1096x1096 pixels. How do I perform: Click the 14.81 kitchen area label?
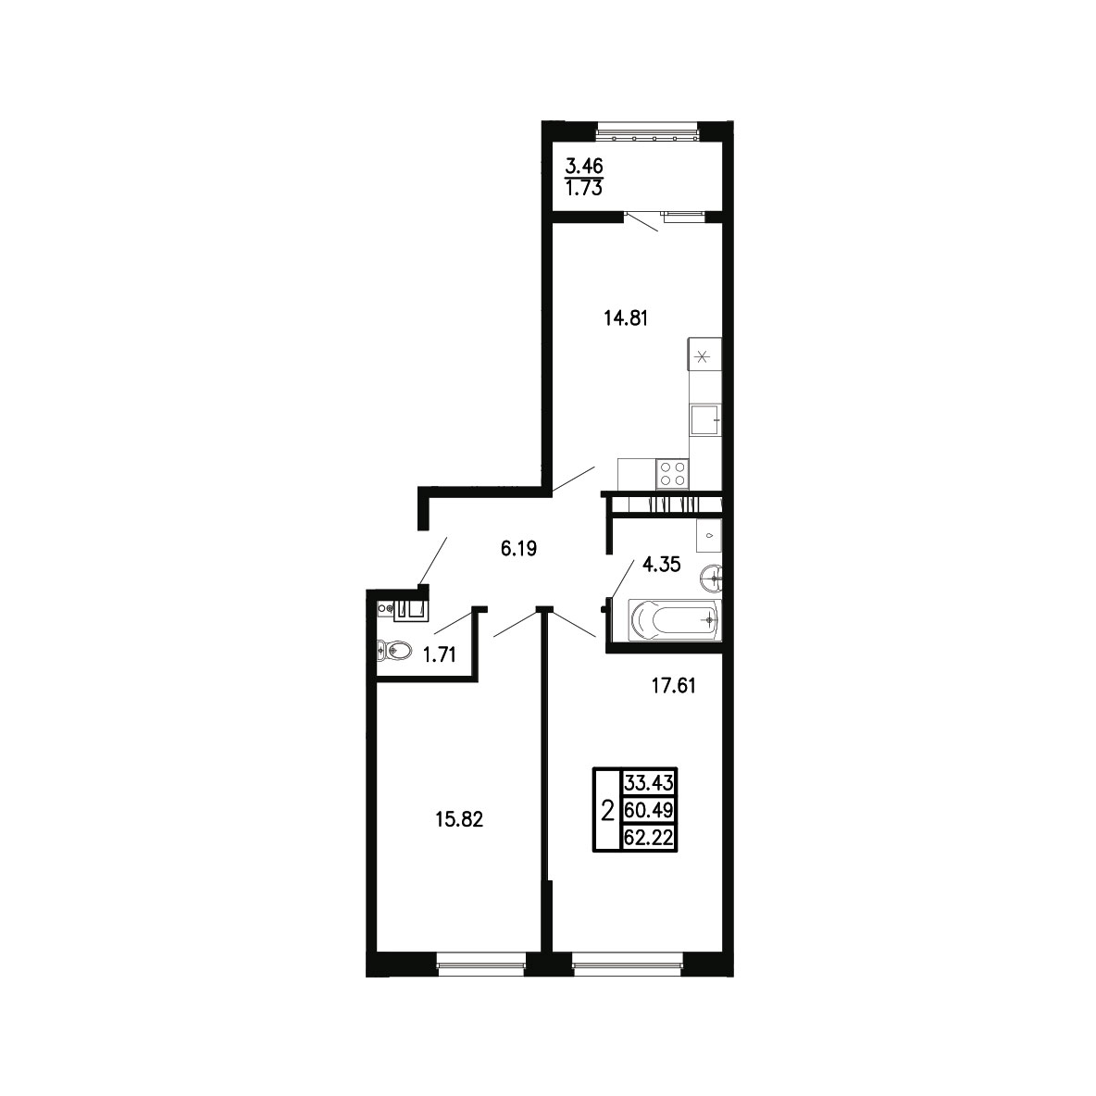coord(626,318)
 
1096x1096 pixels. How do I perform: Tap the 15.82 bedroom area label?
coord(459,819)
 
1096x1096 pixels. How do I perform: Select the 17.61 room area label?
coord(673,686)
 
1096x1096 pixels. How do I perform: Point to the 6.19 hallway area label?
coord(518,549)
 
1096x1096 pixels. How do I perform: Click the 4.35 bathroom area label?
coord(661,565)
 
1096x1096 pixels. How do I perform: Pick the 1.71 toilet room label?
coord(440,655)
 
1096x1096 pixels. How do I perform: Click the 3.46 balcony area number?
coord(584,167)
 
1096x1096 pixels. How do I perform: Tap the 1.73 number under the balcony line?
coord(584,188)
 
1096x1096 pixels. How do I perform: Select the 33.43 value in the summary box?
coord(649,782)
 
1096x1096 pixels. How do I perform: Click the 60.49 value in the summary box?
coord(649,810)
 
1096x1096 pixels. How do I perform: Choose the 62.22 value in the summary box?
coord(649,838)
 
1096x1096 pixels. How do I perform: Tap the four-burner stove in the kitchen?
coord(672,473)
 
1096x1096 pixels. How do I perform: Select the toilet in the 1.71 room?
coord(393,651)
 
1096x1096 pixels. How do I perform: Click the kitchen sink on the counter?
coord(705,420)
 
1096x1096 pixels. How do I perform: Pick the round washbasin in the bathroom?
coord(712,578)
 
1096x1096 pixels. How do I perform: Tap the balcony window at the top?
coord(647,132)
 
